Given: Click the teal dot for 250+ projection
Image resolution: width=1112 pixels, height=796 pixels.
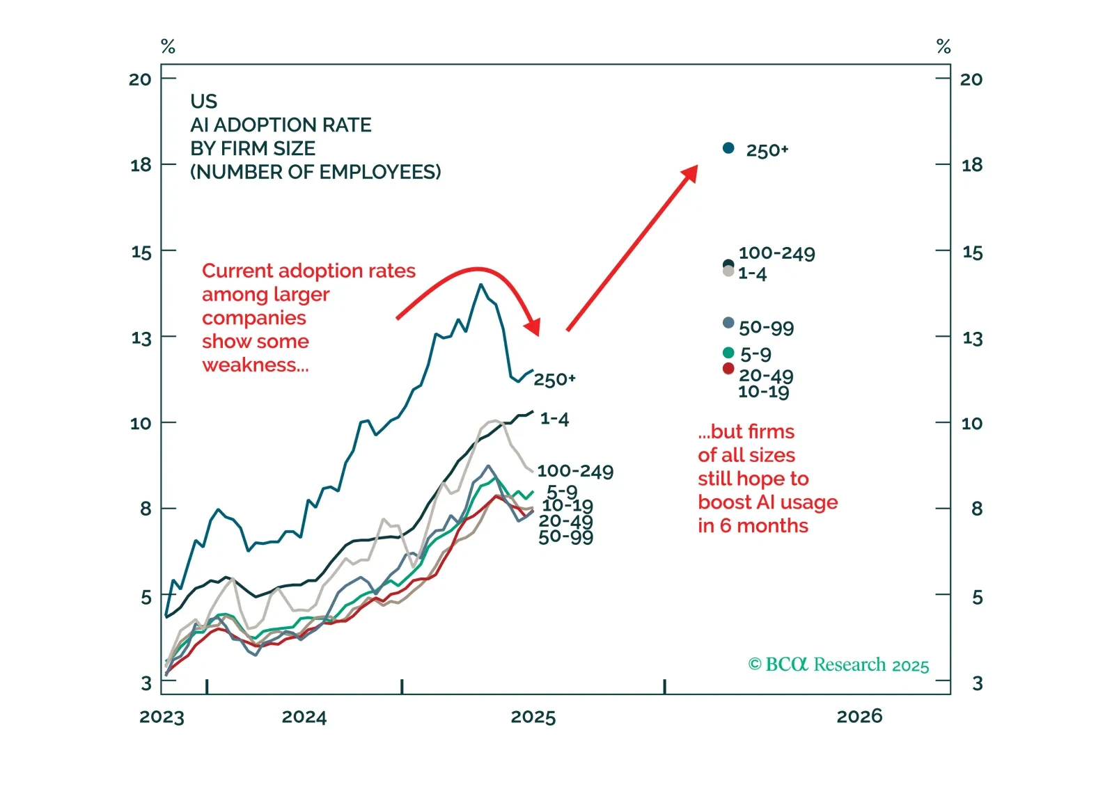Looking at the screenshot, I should [x=728, y=148].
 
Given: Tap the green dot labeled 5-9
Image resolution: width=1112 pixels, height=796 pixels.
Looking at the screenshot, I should [x=728, y=353].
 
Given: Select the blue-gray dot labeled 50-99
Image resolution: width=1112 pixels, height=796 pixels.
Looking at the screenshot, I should [x=728, y=323].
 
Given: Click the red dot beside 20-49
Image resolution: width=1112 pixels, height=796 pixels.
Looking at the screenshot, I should [x=728, y=369].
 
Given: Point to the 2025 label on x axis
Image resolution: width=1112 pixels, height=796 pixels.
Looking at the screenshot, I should [x=533, y=717].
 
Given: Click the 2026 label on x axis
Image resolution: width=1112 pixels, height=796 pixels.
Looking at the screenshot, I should [x=859, y=717].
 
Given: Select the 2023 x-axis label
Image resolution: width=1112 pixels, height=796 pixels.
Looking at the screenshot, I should [x=162, y=717].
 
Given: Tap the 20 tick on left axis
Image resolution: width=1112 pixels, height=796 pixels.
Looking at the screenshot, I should [x=140, y=79].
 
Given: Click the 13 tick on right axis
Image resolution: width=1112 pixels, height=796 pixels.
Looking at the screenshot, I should [x=972, y=339].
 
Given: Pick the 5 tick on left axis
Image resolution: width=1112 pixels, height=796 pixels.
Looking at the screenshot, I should [x=146, y=597].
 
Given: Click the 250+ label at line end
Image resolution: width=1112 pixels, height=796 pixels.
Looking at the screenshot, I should [x=555, y=380].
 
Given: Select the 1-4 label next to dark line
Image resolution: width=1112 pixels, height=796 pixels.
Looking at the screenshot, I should [x=555, y=419].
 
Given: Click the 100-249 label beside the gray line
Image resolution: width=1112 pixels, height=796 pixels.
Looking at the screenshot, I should [x=575, y=472].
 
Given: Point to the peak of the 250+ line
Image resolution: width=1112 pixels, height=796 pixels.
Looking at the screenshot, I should [x=480, y=285].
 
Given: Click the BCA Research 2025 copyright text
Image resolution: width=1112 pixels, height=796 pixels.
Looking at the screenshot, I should [x=838, y=664].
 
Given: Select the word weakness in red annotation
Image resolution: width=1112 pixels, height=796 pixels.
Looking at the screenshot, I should [x=255, y=365].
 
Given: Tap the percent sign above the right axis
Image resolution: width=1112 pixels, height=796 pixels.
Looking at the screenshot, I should [x=943, y=47].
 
